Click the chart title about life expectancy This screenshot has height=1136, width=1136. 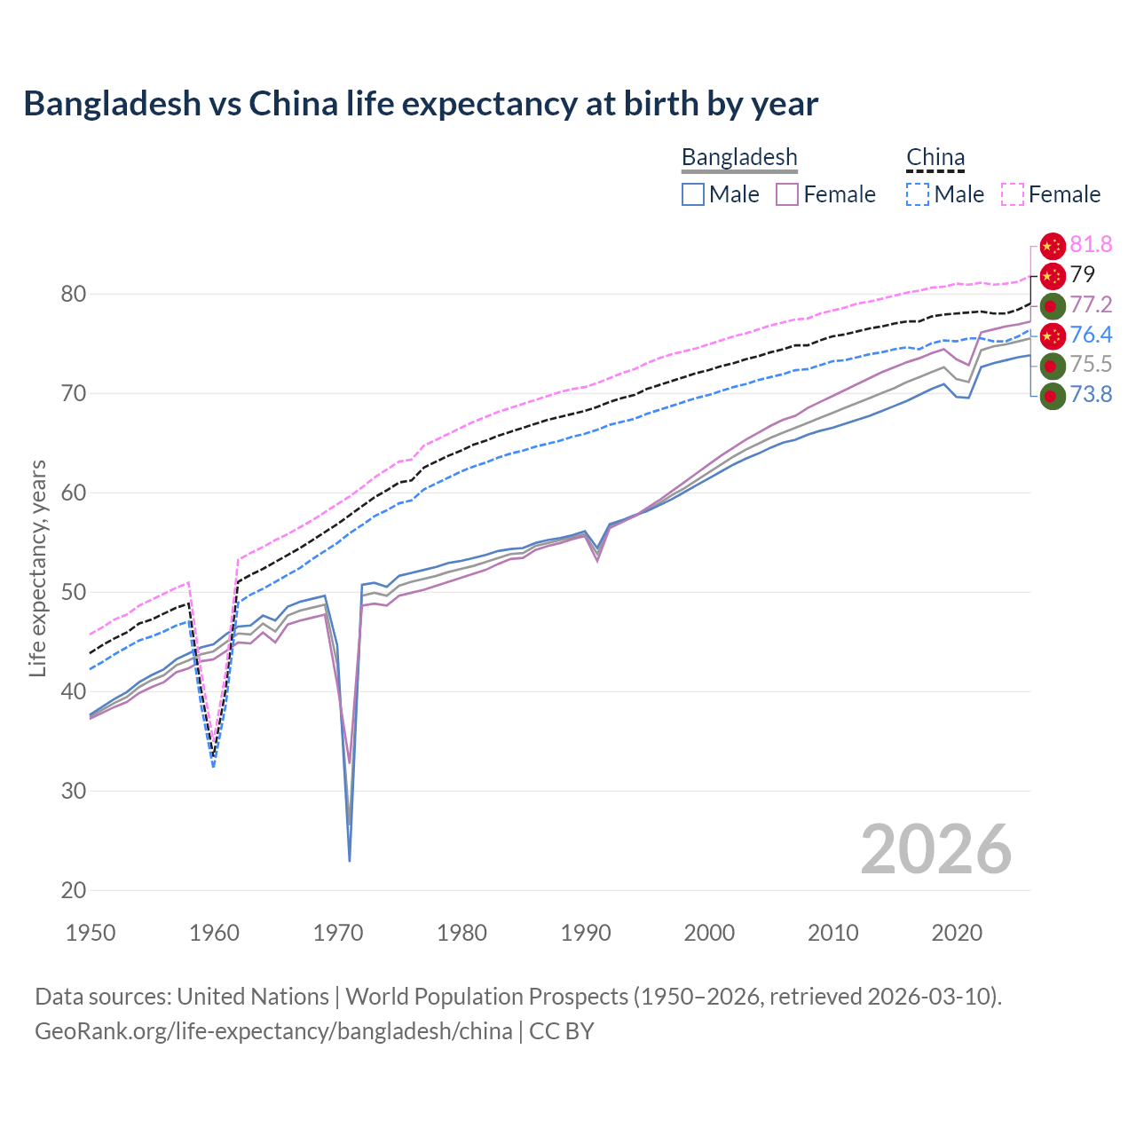pos(421,104)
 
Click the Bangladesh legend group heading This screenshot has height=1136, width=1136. pos(739,157)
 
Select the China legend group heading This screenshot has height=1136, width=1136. pos(935,157)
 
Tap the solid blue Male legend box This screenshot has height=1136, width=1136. pos(693,194)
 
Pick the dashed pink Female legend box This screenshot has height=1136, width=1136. pos(1013,194)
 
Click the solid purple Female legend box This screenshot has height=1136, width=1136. pos(787,194)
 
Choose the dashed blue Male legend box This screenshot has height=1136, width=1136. pos(918,194)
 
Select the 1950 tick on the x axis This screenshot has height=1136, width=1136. pos(91,933)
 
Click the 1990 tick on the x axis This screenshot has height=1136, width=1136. pos(586,933)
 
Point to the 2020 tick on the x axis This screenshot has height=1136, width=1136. pos(957,933)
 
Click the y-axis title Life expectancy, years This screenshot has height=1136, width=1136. pos(37,568)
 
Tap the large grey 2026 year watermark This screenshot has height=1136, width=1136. pos(935,849)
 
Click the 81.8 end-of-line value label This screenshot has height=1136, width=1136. pos(1091,245)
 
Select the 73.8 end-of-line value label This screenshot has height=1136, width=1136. pos(1091,394)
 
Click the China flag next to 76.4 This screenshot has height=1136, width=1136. pos(1052,335)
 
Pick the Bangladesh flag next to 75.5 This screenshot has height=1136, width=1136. pos(1052,365)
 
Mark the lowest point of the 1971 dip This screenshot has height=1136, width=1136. pos(350,860)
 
